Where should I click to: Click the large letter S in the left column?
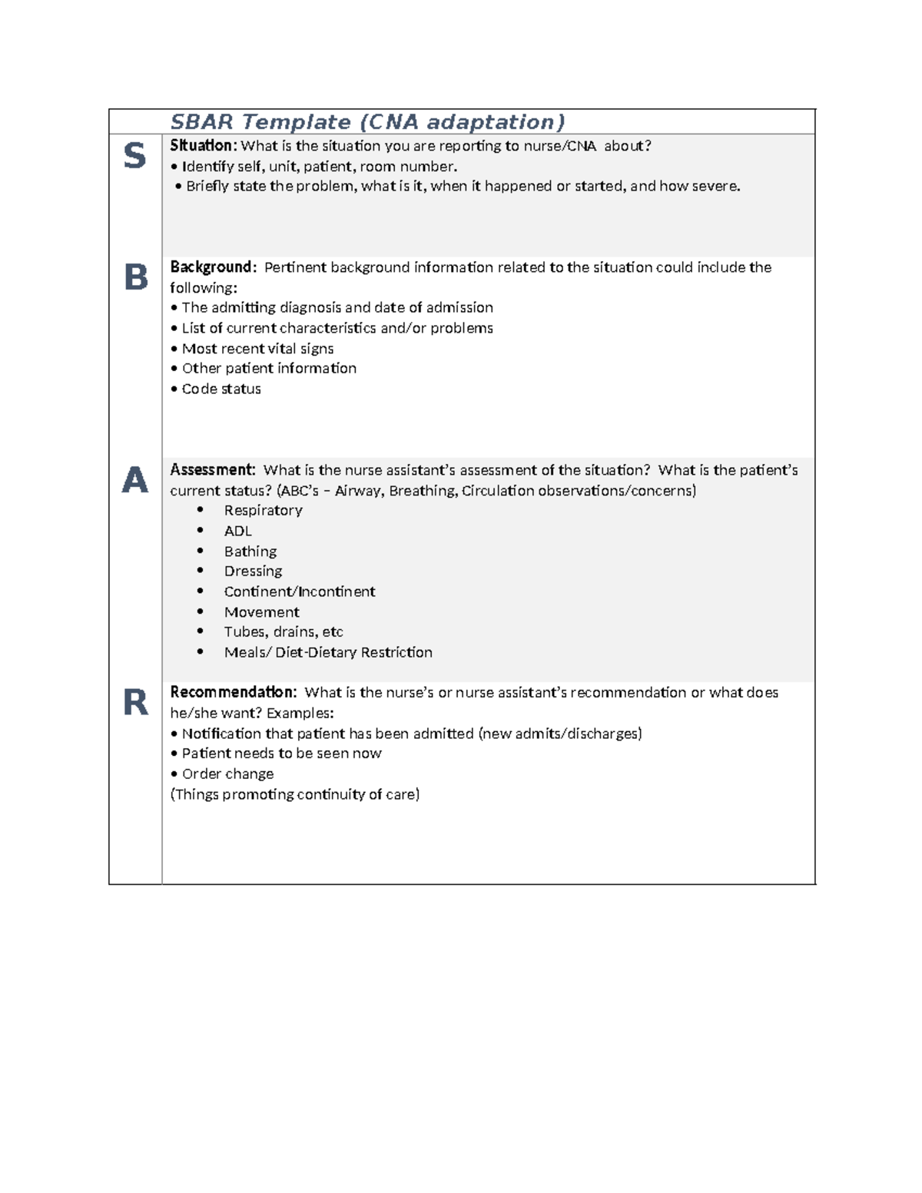click(x=134, y=156)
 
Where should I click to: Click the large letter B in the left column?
click(x=136, y=277)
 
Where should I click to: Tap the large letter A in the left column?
click(x=135, y=480)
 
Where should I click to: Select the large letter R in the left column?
click(x=136, y=702)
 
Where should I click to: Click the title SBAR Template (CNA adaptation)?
click(x=367, y=122)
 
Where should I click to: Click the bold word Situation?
click(x=203, y=146)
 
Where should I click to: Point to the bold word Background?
click(x=212, y=267)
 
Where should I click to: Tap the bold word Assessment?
click(x=212, y=470)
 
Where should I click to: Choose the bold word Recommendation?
click(x=233, y=692)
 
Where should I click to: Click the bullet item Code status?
click(x=221, y=389)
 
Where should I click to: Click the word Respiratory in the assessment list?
click(x=263, y=510)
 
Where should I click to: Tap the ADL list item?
click(x=237, y=531)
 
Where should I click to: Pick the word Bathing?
click(x=250, y=552)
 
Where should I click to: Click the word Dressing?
click(x=253, y=571)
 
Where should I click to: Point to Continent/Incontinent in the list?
click(x=300, y=592)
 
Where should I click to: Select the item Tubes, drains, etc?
click(x=284, y=631)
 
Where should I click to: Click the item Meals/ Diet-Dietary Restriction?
click(x=328, y=652)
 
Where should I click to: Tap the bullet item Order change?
click(x=227, y=774)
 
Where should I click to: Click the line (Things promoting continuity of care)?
click(x=295, y=794)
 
